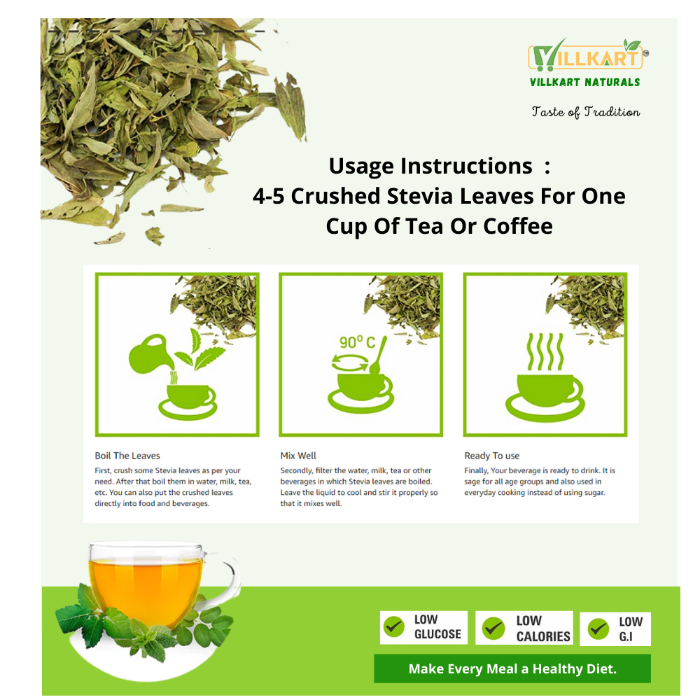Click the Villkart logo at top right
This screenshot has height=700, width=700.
[x=588, y=62]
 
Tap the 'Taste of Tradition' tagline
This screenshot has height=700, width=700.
[x=586, y=112]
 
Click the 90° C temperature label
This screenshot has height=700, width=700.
[x=357, y=342]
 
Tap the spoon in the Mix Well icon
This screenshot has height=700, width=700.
[x=378, y=356]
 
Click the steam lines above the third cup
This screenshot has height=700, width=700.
[x=545, y=352]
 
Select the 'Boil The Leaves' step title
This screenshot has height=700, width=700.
[x=127, y=456]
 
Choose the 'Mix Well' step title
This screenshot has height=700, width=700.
[x=298, y=456]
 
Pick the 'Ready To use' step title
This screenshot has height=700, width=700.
[x=492, y=456]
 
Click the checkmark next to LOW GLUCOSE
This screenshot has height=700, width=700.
[x=394, y=627]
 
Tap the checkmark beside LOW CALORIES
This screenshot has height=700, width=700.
[x=493, y=628]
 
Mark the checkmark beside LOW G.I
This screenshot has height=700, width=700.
[x=598, y=629]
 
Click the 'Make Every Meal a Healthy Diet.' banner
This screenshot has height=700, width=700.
[x=512, y=668]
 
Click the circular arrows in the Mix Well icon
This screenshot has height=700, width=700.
[x=350, y=363]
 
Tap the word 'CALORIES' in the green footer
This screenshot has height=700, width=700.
[x=543, y=636]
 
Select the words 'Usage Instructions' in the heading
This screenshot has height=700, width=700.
[x=430, y=166]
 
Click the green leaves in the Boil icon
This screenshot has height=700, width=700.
[x=199, y=349]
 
